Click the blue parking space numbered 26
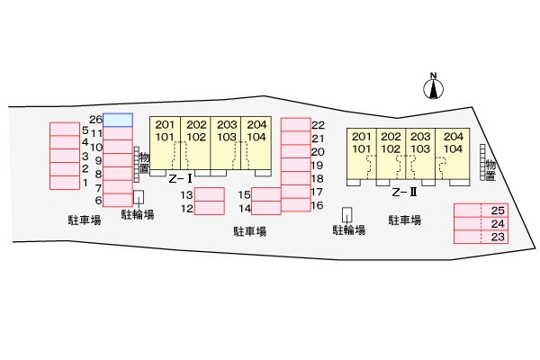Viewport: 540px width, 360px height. [118, 120]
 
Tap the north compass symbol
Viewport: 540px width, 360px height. [433, 86]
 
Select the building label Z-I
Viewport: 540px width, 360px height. [181, 179]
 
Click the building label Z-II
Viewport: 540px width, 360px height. [404, 192]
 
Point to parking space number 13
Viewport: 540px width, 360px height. [210, 194]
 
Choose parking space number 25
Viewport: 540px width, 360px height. [481, 210]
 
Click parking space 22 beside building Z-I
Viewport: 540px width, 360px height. [296, 125]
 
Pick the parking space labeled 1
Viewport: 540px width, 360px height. [65, 183]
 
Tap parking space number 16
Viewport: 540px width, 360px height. [296, 205]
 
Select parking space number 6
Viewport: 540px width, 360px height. [118, 200]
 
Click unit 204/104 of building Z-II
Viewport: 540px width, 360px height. [453, 154]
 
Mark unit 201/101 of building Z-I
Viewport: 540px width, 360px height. [165, 143]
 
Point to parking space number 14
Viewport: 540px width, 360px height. [266, 208]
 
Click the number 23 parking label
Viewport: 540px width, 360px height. [498, 237]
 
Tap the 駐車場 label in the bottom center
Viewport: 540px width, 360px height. [250, 231]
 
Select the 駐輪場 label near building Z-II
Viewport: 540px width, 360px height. [349, 229]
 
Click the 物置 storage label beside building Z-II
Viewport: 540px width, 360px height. [490, 170]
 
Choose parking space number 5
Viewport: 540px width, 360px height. [65, 130]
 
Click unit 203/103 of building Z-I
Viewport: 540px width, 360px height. [226, 143]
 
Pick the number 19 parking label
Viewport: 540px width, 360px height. [317, 166]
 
